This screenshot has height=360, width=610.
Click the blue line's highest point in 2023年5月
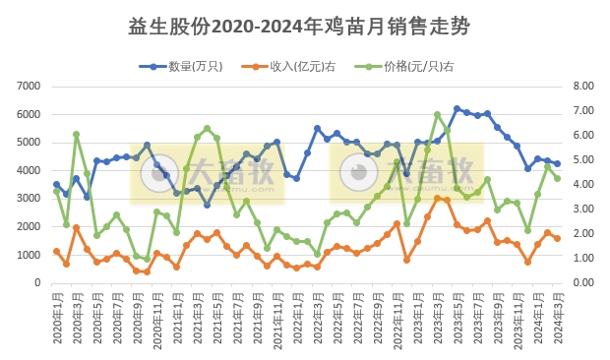point(457,109)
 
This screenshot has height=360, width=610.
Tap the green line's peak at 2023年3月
point(437,115)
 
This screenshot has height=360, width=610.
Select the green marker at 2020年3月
point(76,134)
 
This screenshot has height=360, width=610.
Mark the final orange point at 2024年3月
point(557,238)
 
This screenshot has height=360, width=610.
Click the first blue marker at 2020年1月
point(56,184)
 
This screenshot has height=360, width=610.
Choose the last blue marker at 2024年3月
point(557,164)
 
